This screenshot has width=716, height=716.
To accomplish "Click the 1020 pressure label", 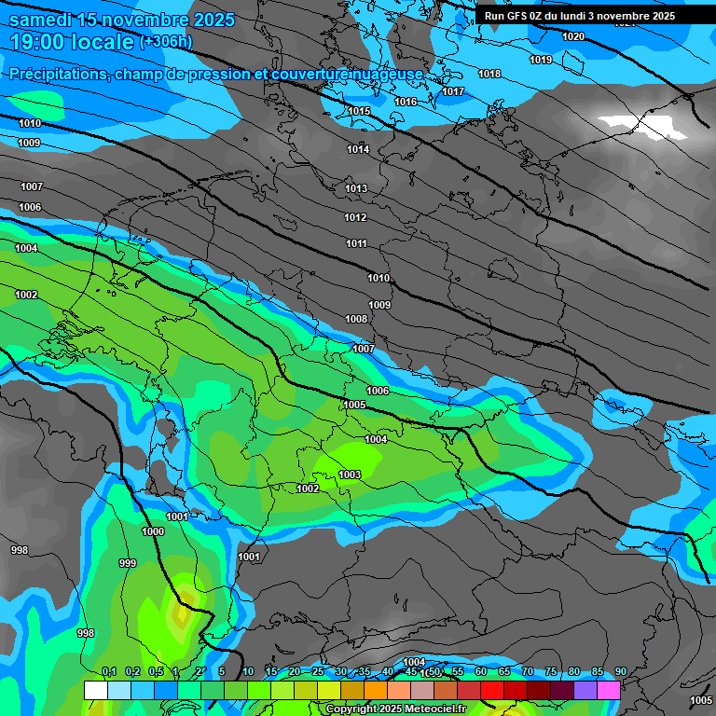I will tap(573, 36).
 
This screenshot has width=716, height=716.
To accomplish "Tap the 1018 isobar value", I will tap(489, 74).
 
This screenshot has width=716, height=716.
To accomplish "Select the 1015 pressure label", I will tap(359, 111).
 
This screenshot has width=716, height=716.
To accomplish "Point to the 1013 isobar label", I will tap(356, 188).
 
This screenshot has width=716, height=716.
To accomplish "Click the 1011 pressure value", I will tap(356, 243).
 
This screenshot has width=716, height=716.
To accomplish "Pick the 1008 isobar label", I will tap(356, 319).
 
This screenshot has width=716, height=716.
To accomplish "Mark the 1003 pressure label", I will tap(350, 475).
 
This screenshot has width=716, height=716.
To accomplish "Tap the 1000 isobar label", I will tap(153, 531).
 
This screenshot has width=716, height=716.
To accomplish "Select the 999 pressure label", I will tap(128, 563).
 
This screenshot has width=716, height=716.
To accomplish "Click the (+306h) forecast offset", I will tap(165, 42).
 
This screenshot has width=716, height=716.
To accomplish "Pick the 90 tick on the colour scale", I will tap(620, 671).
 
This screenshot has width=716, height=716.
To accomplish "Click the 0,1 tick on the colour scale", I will tap(108, 671).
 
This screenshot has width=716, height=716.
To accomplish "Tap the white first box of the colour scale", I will tap(95, 690).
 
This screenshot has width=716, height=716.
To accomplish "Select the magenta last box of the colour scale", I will tap(609, 690).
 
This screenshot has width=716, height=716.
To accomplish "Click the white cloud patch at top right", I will tap(643, 125).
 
